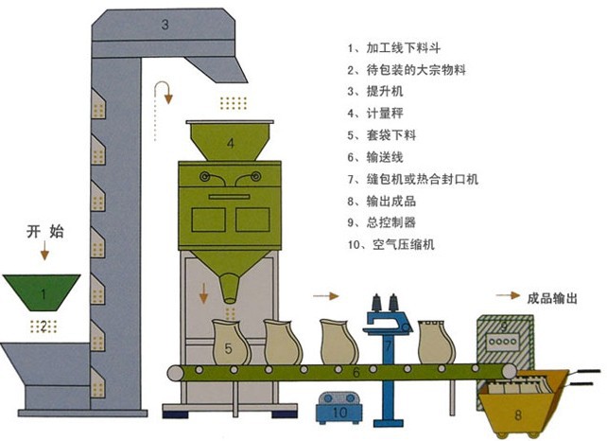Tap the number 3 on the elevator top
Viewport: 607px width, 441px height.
click(x=165, y=25)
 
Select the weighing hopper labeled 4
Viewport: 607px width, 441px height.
click(x=230, y=143)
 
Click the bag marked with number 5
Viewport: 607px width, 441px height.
click(x=229, y=346)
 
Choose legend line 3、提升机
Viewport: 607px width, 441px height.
click(x=377, y=91)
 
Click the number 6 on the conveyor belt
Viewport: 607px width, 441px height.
click(x=356, y=374)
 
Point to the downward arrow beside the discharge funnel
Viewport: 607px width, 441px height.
click(x=203, y=292)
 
